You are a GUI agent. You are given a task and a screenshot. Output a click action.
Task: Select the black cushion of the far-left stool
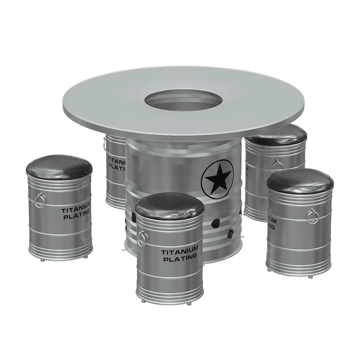click(x=59, y=167)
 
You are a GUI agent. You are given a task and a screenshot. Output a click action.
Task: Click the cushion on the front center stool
click(x=170, y=205)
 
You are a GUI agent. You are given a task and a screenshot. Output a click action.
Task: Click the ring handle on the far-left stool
click(x=40, y=199)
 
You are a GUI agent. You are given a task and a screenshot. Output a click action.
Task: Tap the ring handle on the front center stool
click(x=141, y=238)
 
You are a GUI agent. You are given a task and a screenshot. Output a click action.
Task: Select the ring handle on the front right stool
click(x=312, y=216)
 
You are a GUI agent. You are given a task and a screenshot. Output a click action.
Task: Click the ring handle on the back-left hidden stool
click(x=104, y=144)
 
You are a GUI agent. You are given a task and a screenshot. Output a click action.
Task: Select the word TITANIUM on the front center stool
click(x=180, y=250)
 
